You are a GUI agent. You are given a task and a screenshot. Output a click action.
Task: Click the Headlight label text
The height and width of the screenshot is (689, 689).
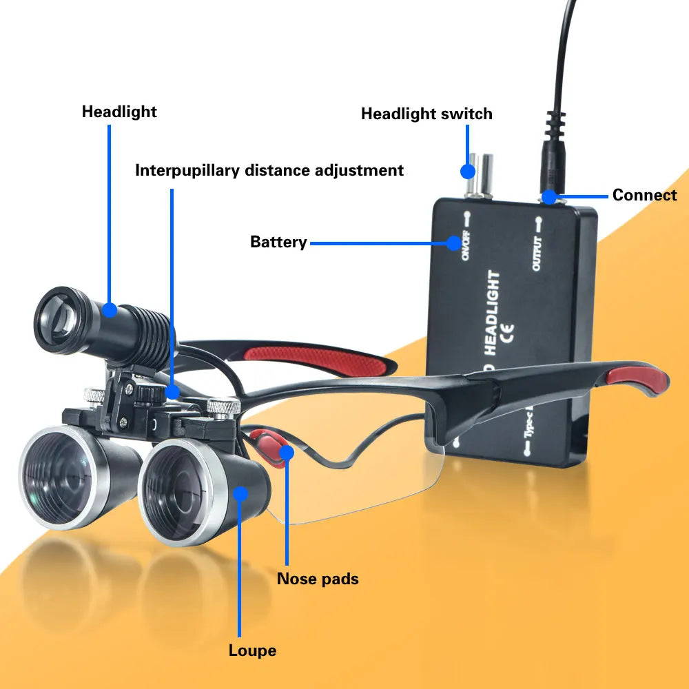119,112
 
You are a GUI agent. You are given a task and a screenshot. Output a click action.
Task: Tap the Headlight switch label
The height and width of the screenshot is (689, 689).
426,114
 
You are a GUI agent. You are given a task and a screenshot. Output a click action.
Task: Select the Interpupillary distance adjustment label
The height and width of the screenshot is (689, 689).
269,170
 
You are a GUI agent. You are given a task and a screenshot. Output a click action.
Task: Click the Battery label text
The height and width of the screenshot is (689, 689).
278,242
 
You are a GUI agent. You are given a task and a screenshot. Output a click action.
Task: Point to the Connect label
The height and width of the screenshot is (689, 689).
644,195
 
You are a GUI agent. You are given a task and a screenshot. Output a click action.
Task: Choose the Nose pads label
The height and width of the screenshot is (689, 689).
318,578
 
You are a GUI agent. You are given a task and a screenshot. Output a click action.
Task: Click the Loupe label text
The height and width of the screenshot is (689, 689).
252,650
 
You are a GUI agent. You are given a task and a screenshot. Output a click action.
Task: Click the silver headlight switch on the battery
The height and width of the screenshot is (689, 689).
478,175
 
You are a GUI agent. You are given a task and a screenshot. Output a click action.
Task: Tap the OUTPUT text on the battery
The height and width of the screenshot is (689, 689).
537,253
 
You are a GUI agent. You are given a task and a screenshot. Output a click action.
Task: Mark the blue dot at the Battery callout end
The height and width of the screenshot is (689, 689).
453,243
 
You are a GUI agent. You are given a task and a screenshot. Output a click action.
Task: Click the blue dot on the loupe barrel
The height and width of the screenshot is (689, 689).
240,493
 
